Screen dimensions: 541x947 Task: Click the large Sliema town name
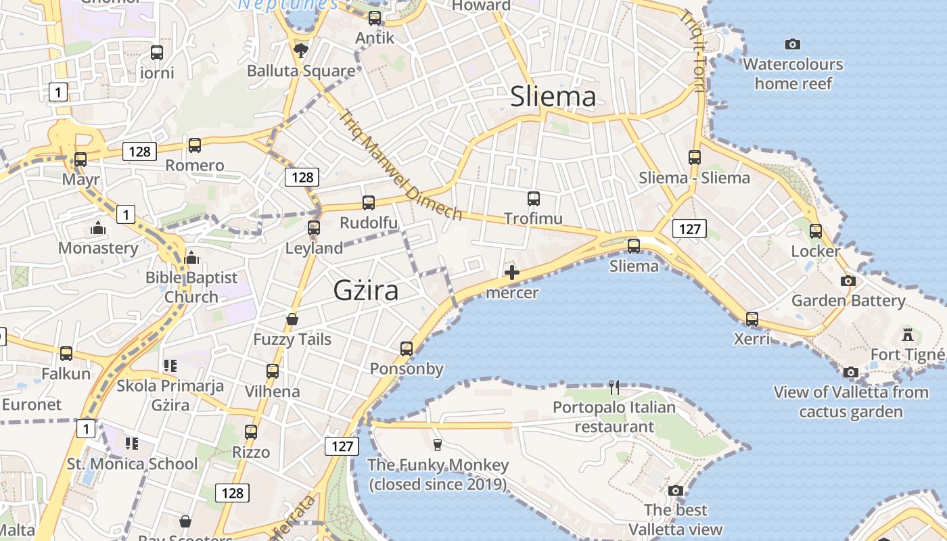(x=553, y=97)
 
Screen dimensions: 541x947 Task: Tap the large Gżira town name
(x=365, y=291)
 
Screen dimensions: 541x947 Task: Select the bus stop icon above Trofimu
(x=534, y=199)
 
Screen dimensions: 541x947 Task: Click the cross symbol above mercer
(x=512, y=273)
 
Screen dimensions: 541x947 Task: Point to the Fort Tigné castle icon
(x=907, y=334)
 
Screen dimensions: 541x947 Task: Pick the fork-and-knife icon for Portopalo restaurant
(x=614, y=387)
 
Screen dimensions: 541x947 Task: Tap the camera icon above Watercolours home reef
(x=793, y=45)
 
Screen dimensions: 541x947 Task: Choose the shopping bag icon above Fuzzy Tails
(x=292, y=319)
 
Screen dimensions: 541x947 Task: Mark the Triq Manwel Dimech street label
(x=402, y=165)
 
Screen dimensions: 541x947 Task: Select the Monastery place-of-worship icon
(x=98, y=228)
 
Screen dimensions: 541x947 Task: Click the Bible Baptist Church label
(x=191, y=287)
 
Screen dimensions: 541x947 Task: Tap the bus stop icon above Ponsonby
(x=407, y=349)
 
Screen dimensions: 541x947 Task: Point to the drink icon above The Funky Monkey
(x=438, y=444)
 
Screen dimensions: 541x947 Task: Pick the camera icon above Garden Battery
(x=848, y=281)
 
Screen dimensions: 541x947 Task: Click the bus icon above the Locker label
(x=816, y=231)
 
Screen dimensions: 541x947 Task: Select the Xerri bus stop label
(x=752, y=338)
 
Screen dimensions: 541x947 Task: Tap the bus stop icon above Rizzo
(x=251, y=432)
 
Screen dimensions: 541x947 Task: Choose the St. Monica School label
(x=132, y=464)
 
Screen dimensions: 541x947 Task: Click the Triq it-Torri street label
(x=695, y=50)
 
